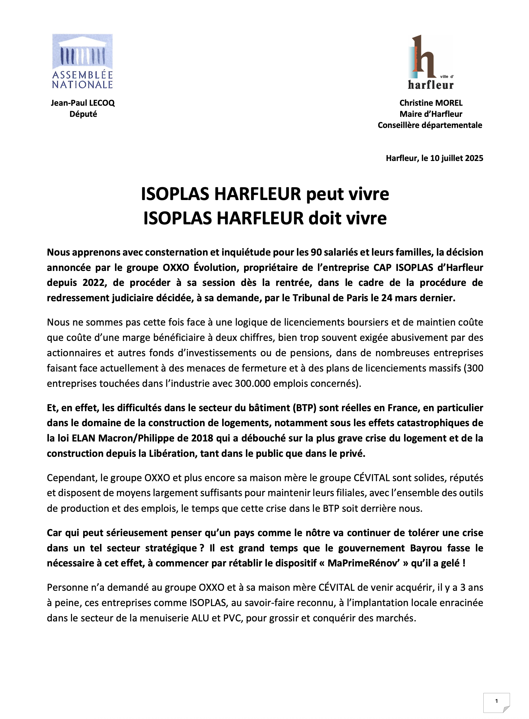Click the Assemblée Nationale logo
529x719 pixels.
click(x=82, y=61)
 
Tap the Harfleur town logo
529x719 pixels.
click(x=431, y=62)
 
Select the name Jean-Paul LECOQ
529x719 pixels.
click(x=83, y=103)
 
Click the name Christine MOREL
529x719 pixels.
click(x=431, y=103)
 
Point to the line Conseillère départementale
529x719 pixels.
click(x=430, y=125)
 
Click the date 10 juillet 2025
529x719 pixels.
click(x=456, y=158)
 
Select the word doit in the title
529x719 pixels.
click(x=326, y=218)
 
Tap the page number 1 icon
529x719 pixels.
click(x=496, y=701)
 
